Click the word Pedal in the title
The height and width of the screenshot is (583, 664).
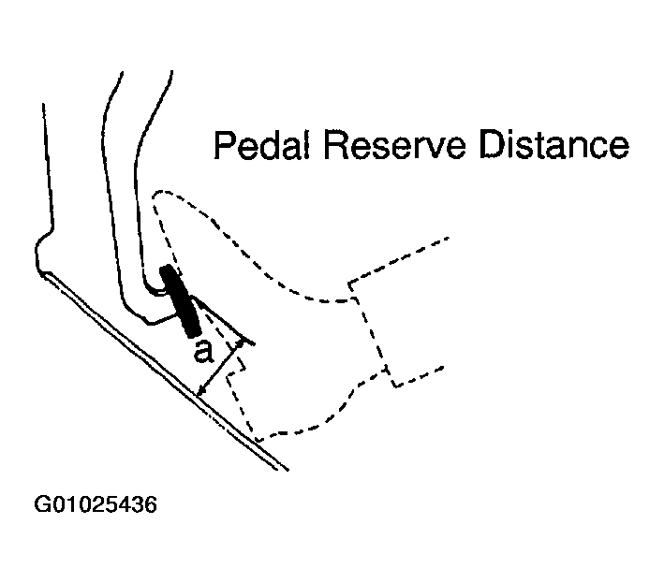click(262, 145)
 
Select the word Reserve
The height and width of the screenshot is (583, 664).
click(394, 145)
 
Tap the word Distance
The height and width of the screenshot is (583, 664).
click(554, 145)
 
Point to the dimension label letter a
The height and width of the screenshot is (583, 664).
click(203, 353)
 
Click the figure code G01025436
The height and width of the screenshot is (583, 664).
click(96, 504)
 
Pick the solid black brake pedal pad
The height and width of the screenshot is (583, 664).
click(179, 301)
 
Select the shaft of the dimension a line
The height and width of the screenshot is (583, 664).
click(220, 369)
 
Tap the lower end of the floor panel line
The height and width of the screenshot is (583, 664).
click(288, 469)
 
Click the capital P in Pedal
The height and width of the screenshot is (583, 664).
click(223, 145)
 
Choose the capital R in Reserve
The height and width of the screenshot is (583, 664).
click(336, 145)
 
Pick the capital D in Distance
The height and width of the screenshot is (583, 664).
click(492, 145)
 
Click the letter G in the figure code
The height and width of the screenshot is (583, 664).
click(42, 504)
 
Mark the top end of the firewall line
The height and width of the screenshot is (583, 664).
click(43, 104)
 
